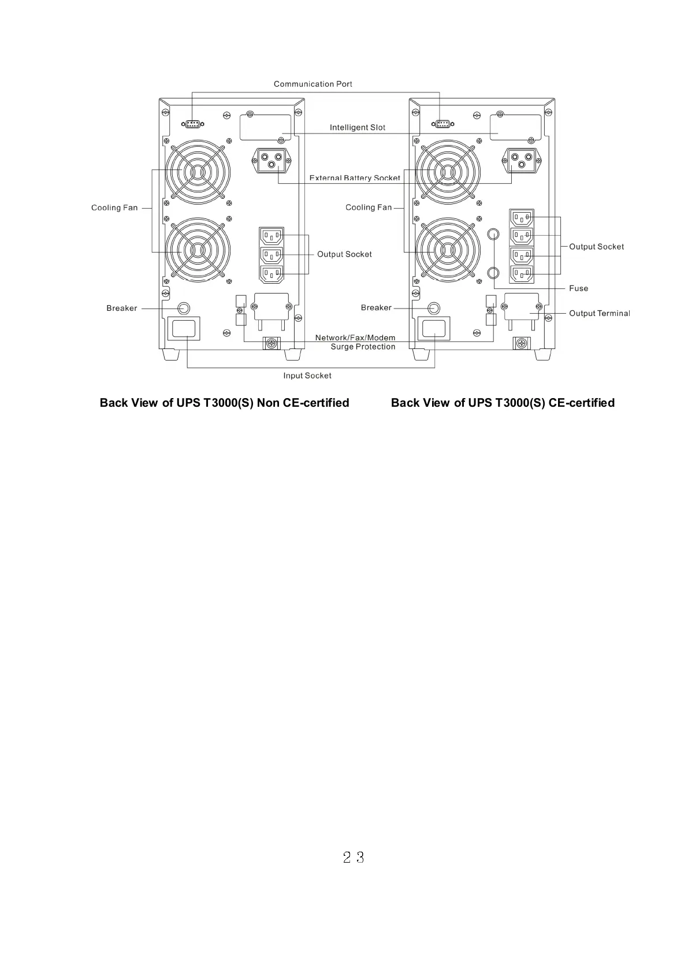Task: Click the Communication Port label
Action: pyautogui.click(x=313, y=84)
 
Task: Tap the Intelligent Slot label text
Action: pyautogui.click(x=357, y=128)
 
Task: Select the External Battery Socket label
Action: pyautogui.click(x=354, y=178)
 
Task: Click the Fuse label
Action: pyautogui.click(x=578, y=288)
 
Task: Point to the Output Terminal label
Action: pyautogui.click(x=599, y=313)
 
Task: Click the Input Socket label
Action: pyautogui.click(x=307, y=376)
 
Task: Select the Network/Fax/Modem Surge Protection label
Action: pyautogui.click(x=356, y=342)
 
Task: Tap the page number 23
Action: pyautogui.click(x=353, y=857)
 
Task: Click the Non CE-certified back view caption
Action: pyautogui.click(x=224, y=403)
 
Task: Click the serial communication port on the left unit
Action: pyautogui.click(x=192, y=124)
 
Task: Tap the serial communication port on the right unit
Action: pyautogui.click(x=442, y=124)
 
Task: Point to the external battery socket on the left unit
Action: pyautogui.click(x=272, y=159)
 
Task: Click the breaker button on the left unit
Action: pyautogui.click(x=184, y=308)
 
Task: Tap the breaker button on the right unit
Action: pyautogui.click(x=434, y=308)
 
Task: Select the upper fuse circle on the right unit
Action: pyautogui.click(x=493, y=234)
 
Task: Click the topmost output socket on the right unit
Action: pyautogui.click(x=522, y=218)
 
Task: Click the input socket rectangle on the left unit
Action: pyautogui.click(x=184, y=328)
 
